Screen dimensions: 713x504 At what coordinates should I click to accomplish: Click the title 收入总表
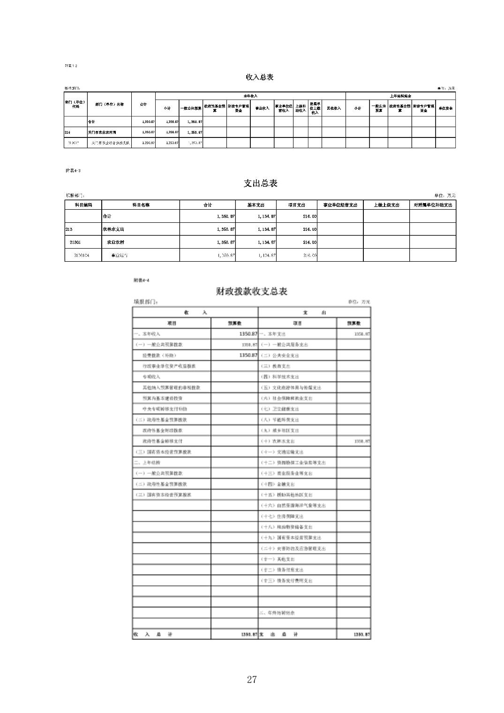259,77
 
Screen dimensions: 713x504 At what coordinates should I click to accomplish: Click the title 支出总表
260,183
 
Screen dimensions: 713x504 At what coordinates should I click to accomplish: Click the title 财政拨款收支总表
251,291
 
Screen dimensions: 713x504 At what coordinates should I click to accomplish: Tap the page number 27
252,680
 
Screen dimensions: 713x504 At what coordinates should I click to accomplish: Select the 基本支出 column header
256,205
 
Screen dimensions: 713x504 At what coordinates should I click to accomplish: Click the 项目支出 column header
297,205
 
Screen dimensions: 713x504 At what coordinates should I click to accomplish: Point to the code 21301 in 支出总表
75,243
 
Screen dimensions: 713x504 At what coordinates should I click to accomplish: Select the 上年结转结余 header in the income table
400,96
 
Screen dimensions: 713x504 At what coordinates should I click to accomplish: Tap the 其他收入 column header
334,108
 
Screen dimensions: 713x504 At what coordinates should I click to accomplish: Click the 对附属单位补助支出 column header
433,205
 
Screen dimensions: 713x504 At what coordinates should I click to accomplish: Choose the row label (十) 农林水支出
278,441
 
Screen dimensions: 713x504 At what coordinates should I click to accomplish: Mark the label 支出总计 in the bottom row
278,634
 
